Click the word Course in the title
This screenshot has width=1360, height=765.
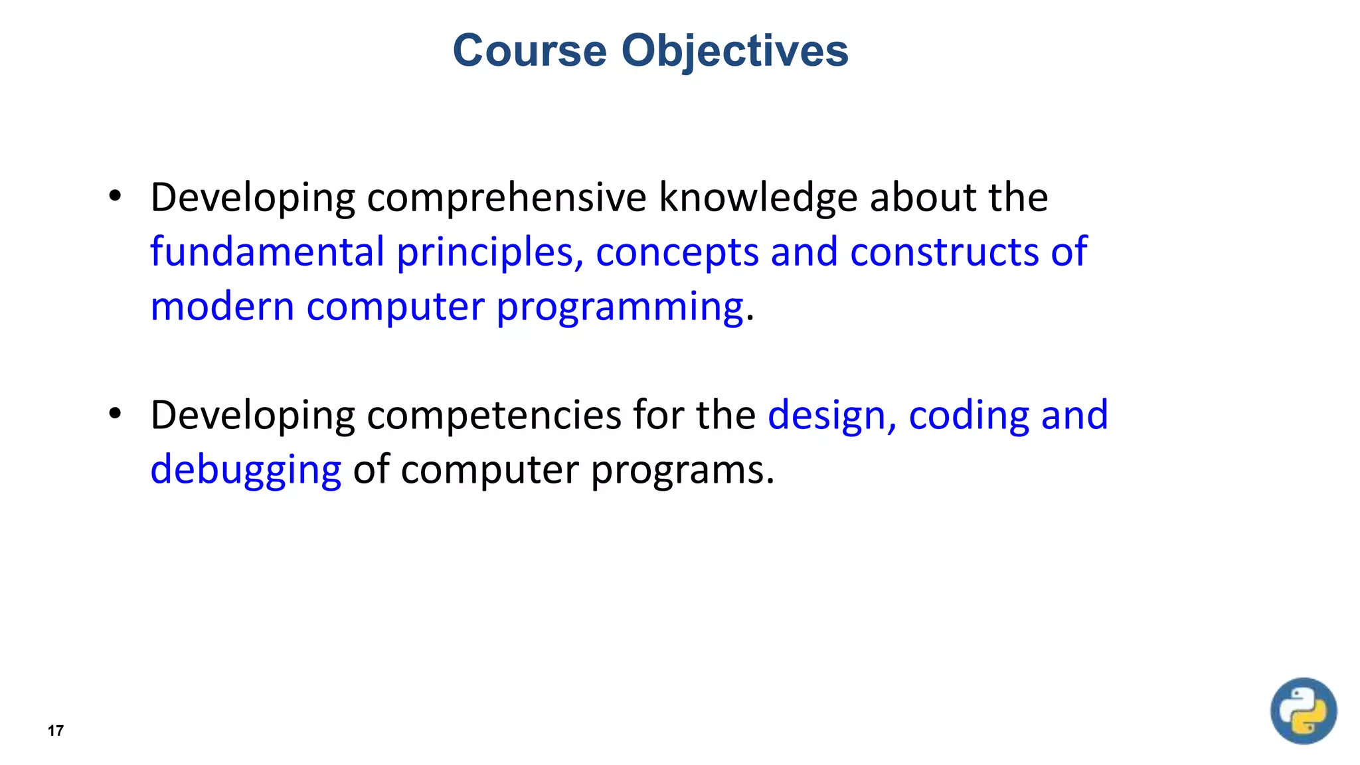(529, 50)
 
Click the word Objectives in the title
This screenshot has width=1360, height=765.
(734, 50)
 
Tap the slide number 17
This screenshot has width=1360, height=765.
(56, 731)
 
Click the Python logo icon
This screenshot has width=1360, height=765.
(1303, 711)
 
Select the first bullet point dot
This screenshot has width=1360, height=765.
(115, 196)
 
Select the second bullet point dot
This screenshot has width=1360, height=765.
(115, 414)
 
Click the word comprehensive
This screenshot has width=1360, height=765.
(506, 198)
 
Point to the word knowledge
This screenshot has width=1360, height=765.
(758, 198)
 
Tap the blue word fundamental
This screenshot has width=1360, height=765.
(267, 252)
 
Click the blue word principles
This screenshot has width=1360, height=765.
(489, 252)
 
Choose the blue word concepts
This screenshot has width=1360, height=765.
(677, 252)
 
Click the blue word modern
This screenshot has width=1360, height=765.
(222, 307)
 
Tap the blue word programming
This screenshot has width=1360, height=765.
(619, 307)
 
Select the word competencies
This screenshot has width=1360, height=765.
(493, 416)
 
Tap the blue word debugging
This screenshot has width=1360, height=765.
(246, 470)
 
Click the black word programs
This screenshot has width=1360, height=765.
(682, 470)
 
